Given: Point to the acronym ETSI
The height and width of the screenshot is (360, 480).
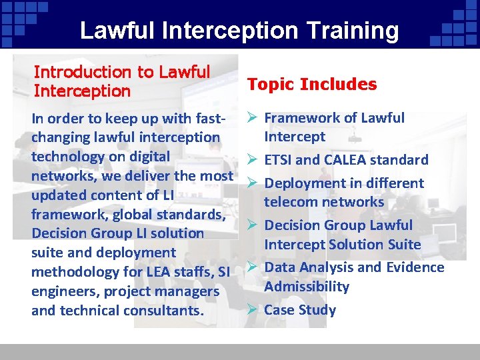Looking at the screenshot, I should coord(278,160).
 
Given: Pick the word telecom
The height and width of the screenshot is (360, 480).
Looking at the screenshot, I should coord(289,202).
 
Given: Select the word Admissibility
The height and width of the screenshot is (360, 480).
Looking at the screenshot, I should coord(307,287).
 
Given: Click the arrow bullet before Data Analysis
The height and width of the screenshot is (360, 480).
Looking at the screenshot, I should coord(252,267).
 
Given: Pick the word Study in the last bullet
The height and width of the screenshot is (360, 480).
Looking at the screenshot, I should coord(317,310).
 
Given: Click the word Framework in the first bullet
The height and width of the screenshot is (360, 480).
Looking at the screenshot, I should coord(297,118).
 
